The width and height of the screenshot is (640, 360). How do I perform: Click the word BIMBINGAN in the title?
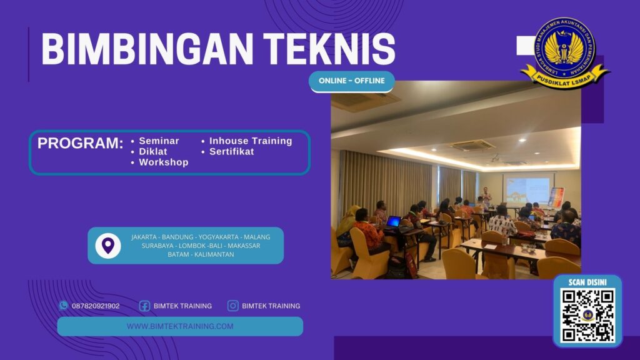pyautogui.click(x=141, y=48)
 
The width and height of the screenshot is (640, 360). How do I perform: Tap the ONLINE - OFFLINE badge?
pyautogui.click(x=351, y=81)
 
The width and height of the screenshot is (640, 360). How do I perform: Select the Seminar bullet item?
pyautogui.click(x=159, y=141)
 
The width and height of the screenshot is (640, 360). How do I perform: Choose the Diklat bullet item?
pyautogui.click(x=153, y=152)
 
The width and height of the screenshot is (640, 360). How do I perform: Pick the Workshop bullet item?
pyautogui.click(x=163, y=162)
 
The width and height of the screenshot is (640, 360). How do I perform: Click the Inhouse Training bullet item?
pyautogui.click(x=250, y=141)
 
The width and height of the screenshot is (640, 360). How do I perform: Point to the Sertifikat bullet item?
pyautogui.click(x=231, y=152)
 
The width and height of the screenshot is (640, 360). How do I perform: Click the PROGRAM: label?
pyautogui.click(x=80, y=143)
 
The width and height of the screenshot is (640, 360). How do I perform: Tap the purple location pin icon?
pyautogui.click(x=108, y=245)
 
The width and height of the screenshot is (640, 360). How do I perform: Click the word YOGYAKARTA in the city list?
pyautogui.click(x=222, y=237)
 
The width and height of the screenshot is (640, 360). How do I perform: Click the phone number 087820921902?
pyautogui.click(x=96, y=306)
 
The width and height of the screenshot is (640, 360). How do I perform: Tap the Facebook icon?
pyautogui.click(x=144, y=306)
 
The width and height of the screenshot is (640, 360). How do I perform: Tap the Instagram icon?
pyautogui.click(x=233, y=306)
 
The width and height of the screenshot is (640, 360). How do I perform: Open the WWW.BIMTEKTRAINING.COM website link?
pyautogui.click(x=180, y=326)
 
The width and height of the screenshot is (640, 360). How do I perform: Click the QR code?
pyautogui.click(x=587, y=315)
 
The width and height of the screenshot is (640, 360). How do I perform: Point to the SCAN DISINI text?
pyautogui.click(x=587, y=282)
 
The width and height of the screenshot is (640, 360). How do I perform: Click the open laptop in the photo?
pyautogui.click(x=394, y=221)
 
